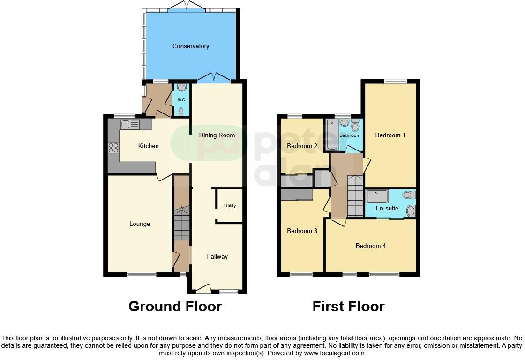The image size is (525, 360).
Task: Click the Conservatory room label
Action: tap(190, 46)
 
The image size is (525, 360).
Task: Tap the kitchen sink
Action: tap(130, 124)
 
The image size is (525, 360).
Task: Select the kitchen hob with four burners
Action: tap(113, 148)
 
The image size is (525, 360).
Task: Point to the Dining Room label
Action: tap(217, 135)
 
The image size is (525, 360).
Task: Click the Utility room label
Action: tap(230, 206)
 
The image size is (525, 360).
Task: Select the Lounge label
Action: tap(140, 224)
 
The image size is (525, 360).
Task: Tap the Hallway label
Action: tap(217, 256)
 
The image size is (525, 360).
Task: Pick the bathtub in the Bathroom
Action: tap(331, 135)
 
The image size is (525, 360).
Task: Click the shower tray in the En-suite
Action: tap(377, 196)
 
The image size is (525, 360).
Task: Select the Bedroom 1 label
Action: tap(390, 135)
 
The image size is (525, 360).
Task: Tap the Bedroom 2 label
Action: tap(302, 146)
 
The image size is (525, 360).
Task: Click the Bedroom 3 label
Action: tap(302, 231)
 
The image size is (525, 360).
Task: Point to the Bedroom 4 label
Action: tap(370, 246)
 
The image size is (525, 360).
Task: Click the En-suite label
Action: tap(387, 209)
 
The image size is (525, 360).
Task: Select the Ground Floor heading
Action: tap(175, 307)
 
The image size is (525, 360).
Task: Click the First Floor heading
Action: tap(348, 307)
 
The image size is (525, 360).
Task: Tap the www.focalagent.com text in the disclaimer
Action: tap(334, 353)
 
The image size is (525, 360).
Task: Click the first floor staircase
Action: tap(355, 196)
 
